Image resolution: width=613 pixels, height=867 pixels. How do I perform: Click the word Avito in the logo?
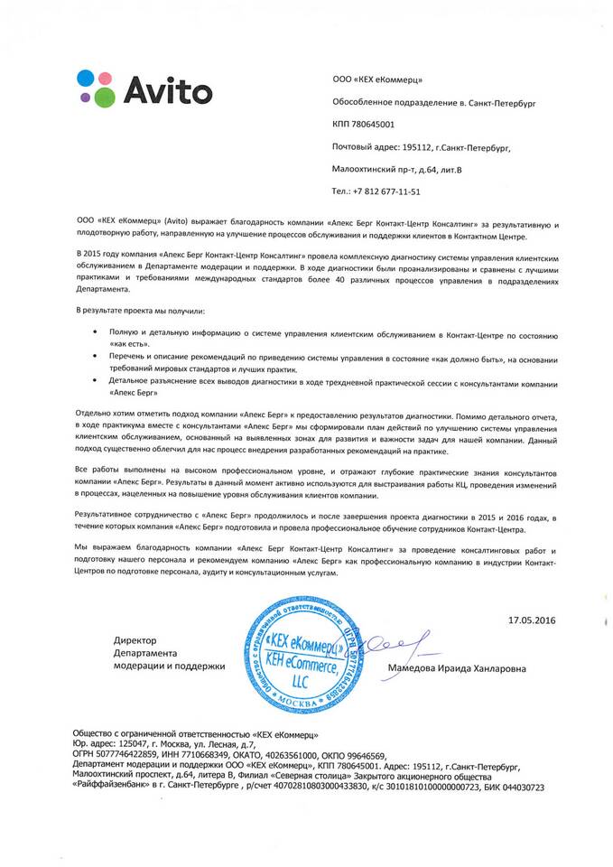(x=167, y=90)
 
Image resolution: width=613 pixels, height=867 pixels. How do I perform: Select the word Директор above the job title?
(x=135, y=639)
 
